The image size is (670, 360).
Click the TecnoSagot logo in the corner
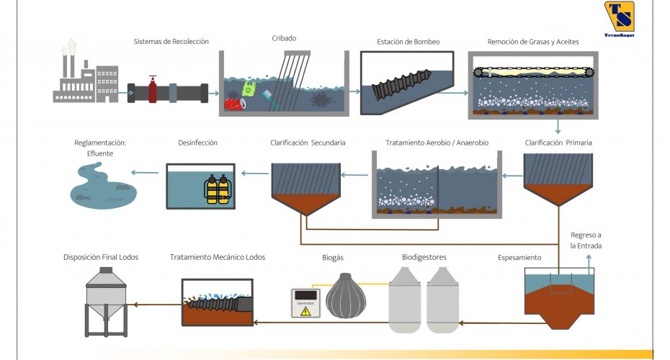tap(619, 19)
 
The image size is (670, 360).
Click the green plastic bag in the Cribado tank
tap(249, 89)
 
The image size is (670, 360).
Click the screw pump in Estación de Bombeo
tap(401, 84)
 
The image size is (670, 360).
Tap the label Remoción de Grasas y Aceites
tap(533, 42)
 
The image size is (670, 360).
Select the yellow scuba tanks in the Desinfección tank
tap(218, 189)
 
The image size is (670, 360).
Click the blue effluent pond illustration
tap(102, 186)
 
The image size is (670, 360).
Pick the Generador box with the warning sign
tap(305, 303)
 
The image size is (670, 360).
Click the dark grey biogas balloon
tap(346, 296)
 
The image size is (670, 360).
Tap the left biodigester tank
tap(404, 300)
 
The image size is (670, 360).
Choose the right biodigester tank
tap(442, 300)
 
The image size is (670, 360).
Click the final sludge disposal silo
tap(106, 302)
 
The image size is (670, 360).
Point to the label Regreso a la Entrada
tap(586, 240)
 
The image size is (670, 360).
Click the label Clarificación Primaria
tap(558, 143)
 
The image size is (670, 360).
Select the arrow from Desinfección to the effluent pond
tap(145, 173)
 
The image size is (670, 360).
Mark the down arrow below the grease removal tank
tap(558, 127)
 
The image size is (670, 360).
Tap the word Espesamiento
tap(519, 258)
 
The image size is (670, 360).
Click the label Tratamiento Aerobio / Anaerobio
tap(437, 143)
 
